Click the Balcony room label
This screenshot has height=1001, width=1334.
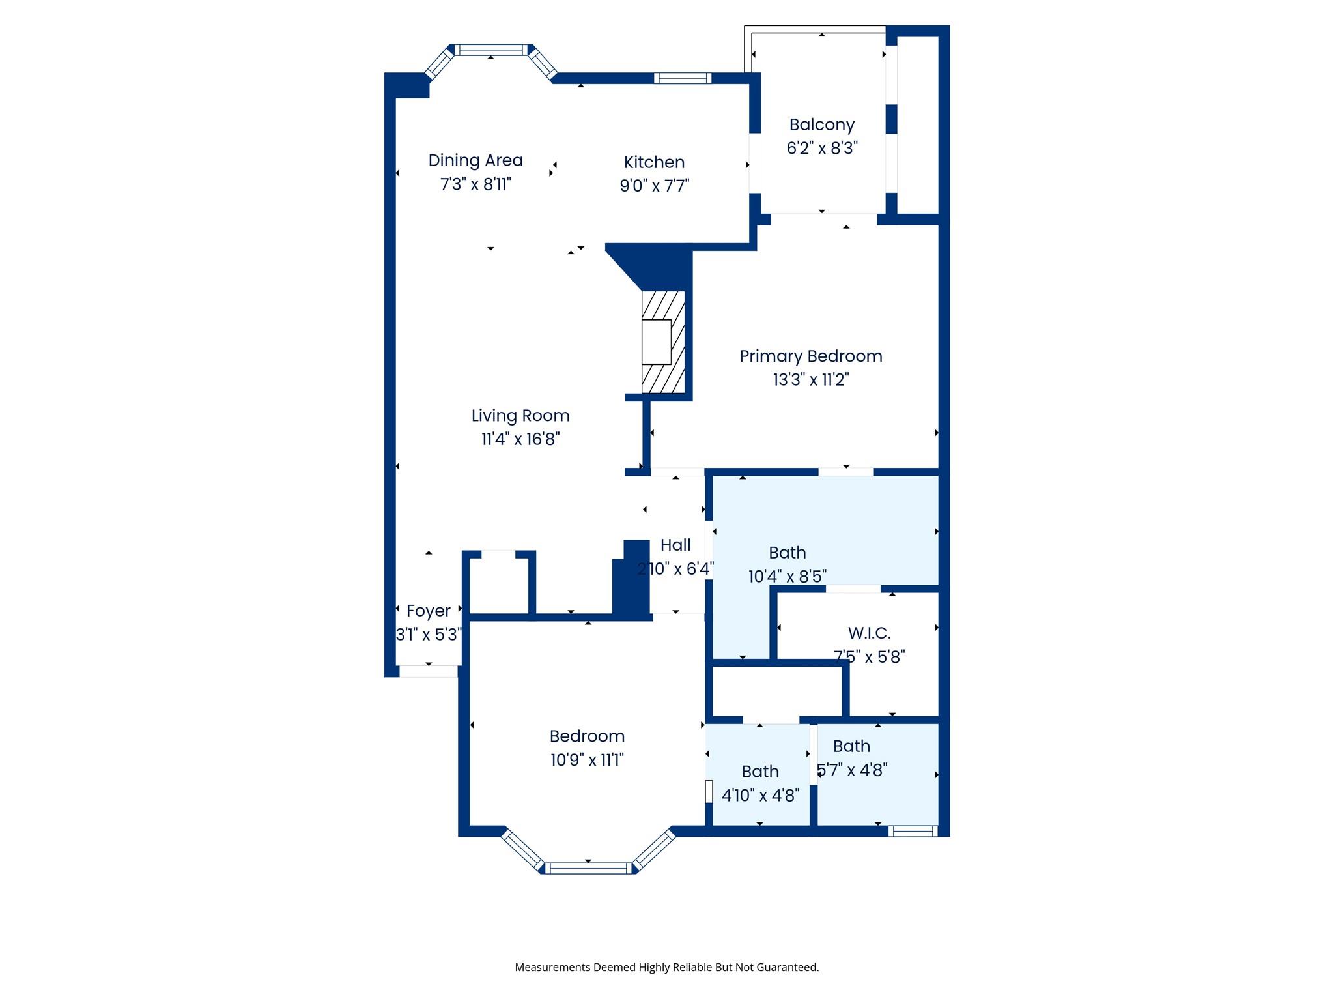pyautogui.click(x=821, y=124)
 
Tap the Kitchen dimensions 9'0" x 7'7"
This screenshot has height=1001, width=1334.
pyautogui.click(x=654, y=186)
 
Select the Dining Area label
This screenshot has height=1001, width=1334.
pyautogui.click(x=475, y=160)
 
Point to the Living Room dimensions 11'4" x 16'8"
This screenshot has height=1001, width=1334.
pyautogui.click(x=520, y=439)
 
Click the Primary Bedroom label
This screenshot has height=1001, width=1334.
pyautogui.click(x=810, y=356)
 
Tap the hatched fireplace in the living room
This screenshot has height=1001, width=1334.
pyautogui.click(x=663, y=342)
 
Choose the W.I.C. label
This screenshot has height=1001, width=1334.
pyautogui.click(x=869, y=633)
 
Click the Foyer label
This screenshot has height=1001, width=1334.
pyautogui.click(x=428, y=611)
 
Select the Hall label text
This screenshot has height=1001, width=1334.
pyautogui.click(x=675, y=545)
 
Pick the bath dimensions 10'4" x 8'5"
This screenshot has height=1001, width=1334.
pyautogui.click(x=787, y=576)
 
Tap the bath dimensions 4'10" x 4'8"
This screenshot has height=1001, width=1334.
pyautogui.click(x=760, y=795)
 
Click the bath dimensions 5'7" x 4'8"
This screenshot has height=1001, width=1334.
pyautogui.click(x=852, y=770)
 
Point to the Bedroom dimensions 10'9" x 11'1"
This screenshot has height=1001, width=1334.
pyautogui.click(x=587, y=760)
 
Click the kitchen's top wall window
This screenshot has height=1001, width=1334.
pyautogui.click(x=682, y=78)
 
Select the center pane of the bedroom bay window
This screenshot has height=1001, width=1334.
pyautogui.click(x=588, y=868)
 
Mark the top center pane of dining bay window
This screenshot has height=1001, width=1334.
pyautogui.click(x=490, y=50)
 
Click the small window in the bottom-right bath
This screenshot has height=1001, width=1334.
pyautogui.click(x=913, y=831)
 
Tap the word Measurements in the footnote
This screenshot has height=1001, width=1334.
pyautogui.click(x=552, y=967)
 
